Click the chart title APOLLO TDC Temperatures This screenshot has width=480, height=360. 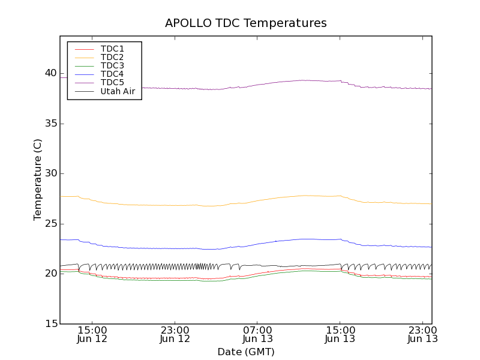tap(246, 23)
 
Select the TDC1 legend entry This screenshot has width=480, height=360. tap(112, 49)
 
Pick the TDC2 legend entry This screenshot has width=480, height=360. tap(112, 57)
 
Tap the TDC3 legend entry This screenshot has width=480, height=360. tap(112, 65)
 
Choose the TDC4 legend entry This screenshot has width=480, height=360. tap(112, 74)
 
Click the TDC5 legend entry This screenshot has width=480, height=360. tap(112, 82)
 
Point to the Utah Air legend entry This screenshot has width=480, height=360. tap(118, 91)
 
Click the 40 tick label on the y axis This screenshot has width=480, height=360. tap(50, 74)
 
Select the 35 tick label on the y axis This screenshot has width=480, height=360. tap(50, 124)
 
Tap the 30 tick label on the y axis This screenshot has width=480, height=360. tap(50, 174)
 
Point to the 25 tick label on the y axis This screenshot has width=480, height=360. tap(50, 224)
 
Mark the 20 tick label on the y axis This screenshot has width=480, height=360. tap(50, 274)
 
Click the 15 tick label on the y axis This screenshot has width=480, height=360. tap(50, 324)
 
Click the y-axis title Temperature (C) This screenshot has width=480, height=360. tap(38, 179)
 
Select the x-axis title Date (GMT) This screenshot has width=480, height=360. tap(246, 352)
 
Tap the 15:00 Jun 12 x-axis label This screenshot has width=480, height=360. tap(92, 334)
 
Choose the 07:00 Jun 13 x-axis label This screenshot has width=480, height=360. tap(258, 334)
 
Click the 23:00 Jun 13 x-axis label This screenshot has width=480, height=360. tap(422, 334)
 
